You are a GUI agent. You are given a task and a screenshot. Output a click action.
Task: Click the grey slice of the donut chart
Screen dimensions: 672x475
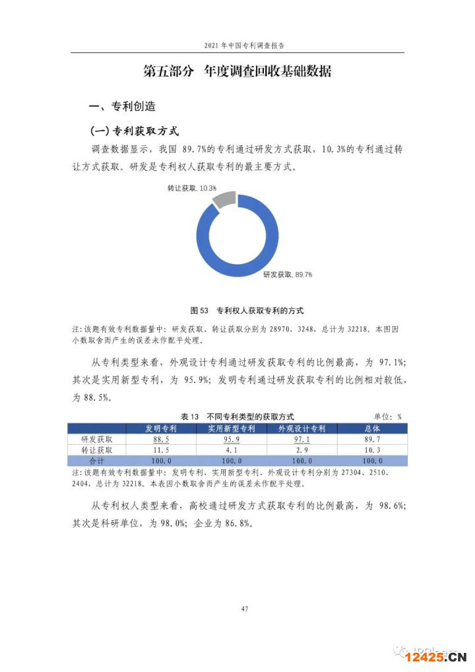(x=224, y=199)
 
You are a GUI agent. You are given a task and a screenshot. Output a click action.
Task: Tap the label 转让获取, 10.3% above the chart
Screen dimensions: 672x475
(x=192, y=188)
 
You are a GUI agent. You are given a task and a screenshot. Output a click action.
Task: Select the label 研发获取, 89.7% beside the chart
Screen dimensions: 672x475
(x=287, y=274)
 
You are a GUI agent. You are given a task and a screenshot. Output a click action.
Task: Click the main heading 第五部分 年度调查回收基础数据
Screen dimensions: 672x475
(x=237, y=72)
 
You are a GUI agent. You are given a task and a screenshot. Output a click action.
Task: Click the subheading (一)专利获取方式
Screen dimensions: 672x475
(x=135, y=131)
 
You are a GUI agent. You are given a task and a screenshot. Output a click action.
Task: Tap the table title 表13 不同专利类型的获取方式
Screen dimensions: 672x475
(x=236, y=417)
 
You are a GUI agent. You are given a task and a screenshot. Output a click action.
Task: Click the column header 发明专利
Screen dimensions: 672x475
(x=162, y=428)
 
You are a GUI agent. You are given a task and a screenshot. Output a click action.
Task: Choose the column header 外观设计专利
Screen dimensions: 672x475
(x=303, y=428)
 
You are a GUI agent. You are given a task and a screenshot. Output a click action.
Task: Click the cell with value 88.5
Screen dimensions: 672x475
(x=162, y=439)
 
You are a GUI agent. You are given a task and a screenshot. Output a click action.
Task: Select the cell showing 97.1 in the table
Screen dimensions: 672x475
(x=303, y=439)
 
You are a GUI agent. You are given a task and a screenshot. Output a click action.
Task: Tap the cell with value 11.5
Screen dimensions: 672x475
(x=162, y=450)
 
